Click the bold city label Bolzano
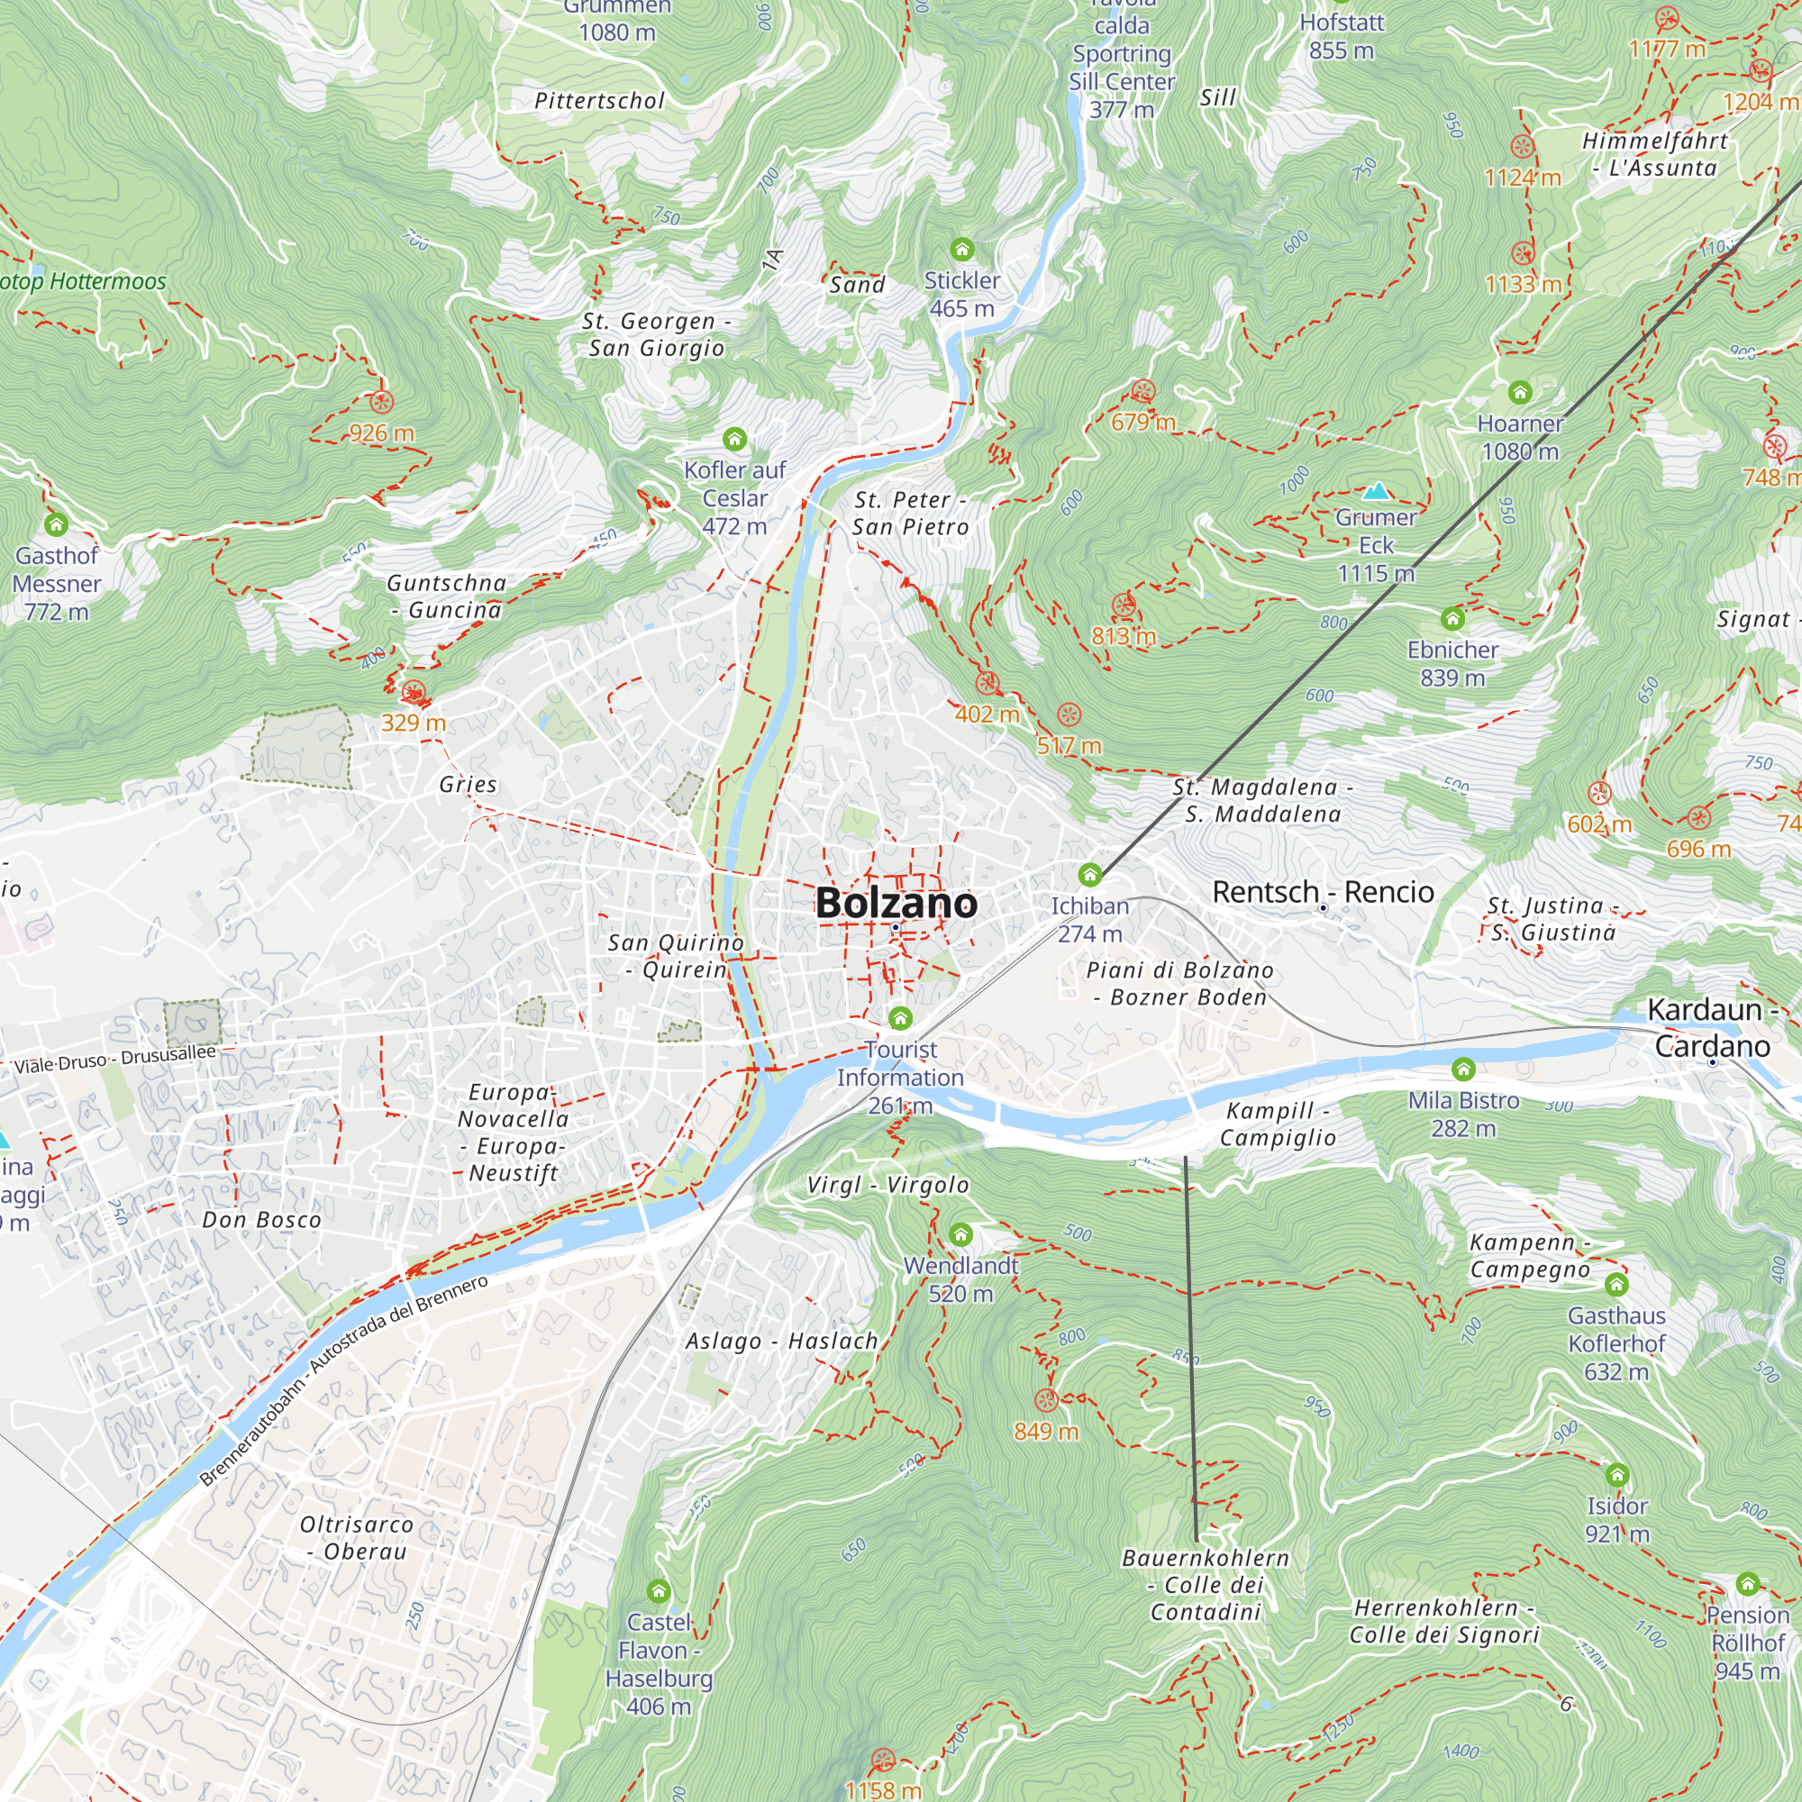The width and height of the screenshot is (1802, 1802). (x=896, y=903)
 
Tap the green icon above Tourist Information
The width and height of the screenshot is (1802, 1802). (x=900, y=1017)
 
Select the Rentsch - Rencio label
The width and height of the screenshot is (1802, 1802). (x=1323, y=893)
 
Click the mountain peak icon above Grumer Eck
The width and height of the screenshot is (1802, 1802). (x=1376, y=492)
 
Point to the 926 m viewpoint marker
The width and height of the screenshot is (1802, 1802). (x=381, y=402)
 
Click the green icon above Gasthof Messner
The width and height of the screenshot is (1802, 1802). (x=56, y=525)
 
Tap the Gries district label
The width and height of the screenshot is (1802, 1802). (x=469, y=785)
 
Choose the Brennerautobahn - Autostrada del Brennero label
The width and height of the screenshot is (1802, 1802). (x=343, y=1381)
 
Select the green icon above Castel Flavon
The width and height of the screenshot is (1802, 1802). (x=659, y=1590)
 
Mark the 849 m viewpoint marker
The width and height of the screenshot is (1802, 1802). (x=1046, y=1400)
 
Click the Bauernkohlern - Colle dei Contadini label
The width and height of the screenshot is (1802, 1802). (x=1206, y=1585)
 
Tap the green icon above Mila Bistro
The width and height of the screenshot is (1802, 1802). (x=1463, y=1069)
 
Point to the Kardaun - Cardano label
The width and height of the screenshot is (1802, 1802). (x=1713, y=1028)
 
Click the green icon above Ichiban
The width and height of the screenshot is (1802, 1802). (x=1089, y=875)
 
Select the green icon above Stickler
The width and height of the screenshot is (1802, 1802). (x=961, y=249)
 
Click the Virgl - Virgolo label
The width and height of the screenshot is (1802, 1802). (x=888, y=1185)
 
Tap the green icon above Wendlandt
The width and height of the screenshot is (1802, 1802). (x=960, y=1235)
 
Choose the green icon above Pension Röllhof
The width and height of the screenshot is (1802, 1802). (x=1748, y=1584)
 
